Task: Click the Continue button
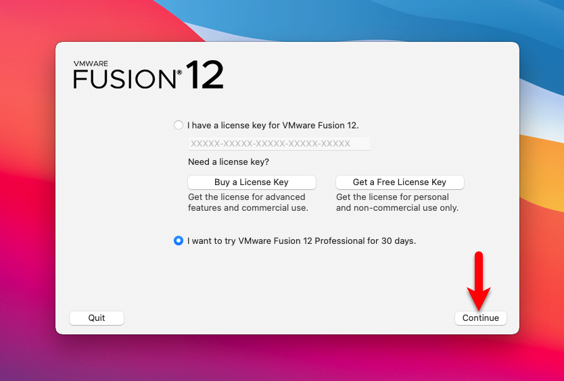pyautogui.click(x=481, y=318)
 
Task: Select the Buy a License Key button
pyautogui.click(x=252, y=182)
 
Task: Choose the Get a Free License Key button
pyautogui.click(x=400, y=182)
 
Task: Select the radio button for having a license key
pyautogui.click(x=179, y=125)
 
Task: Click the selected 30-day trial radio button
pyautogui.click(x=179, y=240)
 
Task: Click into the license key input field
pyautogui.click(x=279, y=144)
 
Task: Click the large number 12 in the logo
pyautogui.click(x=205, y=75)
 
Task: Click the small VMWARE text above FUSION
pyautogui.click(x=91, y=63)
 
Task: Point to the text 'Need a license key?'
pyautogui.click(x=229, y=162)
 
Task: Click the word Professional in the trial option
pyautogui.click(x=339, y=240)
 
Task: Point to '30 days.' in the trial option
pyautogui.click(x=398, y=240)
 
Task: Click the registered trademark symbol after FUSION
pyautogui.click(x=179, y=72)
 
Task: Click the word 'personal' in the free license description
pyautogui.click(x=431, y=197)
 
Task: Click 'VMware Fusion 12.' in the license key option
pyautogui.click(x=321, y=126)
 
